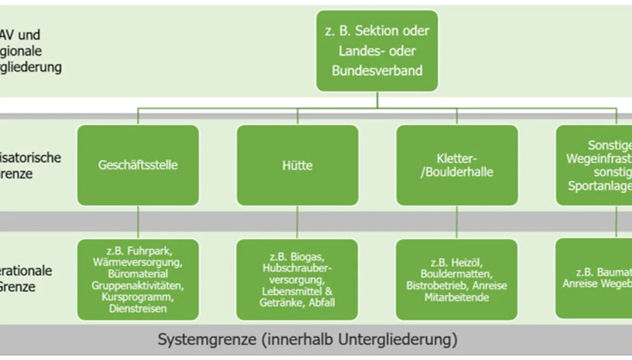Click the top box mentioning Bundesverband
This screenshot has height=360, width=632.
tap(377, 51)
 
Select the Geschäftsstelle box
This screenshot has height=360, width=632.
tap(138, 165)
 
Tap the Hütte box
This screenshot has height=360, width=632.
tap(298, 165)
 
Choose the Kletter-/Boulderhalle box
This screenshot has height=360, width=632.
tap(457, 165)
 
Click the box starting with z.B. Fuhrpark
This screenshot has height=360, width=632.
tap(138, 279)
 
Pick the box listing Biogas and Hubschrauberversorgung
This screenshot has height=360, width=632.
tap(298, 279)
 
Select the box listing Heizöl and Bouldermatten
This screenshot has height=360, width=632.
tap(457, 279)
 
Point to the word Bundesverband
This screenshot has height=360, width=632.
tap(377, 71)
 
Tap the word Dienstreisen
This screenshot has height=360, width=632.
tap(138, 309)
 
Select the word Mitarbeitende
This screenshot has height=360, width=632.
tap(457, 298)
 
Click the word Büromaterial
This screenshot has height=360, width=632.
tap(138, 274)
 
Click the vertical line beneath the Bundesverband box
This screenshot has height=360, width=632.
tap(377, 100)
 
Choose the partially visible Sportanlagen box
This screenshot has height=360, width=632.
tap(594, 165)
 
